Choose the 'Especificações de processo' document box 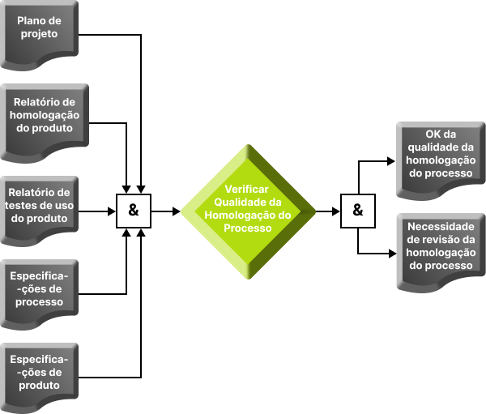40,290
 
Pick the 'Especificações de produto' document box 40,373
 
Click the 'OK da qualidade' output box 441,154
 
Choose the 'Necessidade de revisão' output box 441,246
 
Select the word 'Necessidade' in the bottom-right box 441,227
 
